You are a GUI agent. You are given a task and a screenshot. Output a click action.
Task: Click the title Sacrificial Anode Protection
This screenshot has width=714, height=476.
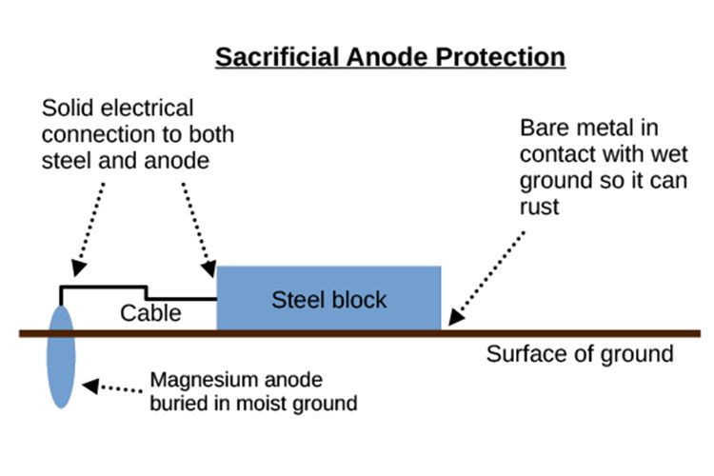point(390,56)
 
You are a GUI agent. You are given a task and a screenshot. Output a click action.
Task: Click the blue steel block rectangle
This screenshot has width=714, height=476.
point(329,298)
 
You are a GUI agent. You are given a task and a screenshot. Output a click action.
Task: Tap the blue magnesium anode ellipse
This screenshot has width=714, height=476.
point(61,356)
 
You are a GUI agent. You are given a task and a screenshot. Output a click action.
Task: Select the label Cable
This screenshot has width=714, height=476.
point(150,312)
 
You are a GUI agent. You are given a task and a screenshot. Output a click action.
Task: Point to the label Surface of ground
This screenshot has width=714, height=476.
point(580,354)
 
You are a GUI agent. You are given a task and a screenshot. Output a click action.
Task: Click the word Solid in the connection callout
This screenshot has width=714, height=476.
point(66,108)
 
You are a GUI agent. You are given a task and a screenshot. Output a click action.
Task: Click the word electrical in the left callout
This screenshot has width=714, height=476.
point(142,108)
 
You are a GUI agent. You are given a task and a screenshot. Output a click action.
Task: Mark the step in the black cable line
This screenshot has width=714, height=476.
point(146,292)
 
